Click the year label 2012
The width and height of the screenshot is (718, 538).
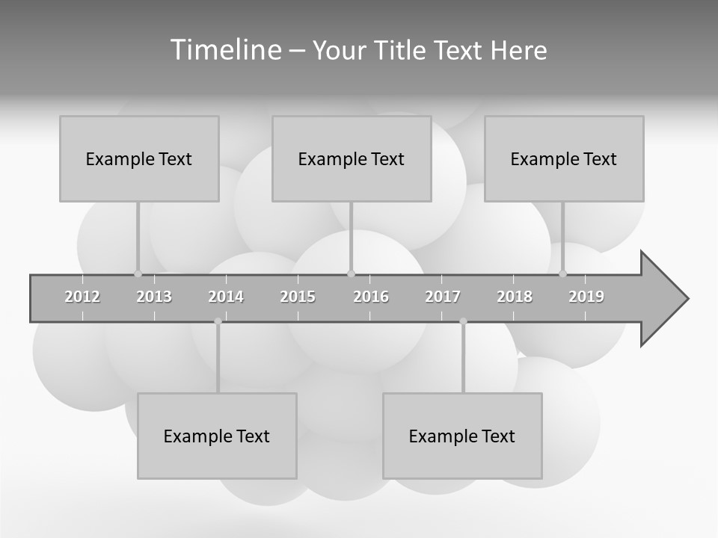82,297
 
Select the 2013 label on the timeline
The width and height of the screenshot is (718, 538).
154,297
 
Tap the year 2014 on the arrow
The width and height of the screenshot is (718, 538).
226,297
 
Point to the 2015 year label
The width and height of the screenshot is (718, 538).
298,297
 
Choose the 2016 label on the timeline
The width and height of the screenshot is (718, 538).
371,297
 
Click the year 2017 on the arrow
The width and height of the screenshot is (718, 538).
443,297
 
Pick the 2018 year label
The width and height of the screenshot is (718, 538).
515,297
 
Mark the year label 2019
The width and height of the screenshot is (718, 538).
586,297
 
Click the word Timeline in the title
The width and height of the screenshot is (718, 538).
225,50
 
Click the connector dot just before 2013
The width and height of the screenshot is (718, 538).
138,273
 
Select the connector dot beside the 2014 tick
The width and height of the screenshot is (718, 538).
218,321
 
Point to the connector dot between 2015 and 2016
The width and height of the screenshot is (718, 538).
351,273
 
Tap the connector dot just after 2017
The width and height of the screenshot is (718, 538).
463,321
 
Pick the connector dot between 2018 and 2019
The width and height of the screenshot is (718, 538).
562,273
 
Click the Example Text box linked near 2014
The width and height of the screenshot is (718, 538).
217,436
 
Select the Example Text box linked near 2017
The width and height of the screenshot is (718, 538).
462,436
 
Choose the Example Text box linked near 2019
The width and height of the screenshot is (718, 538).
564,158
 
